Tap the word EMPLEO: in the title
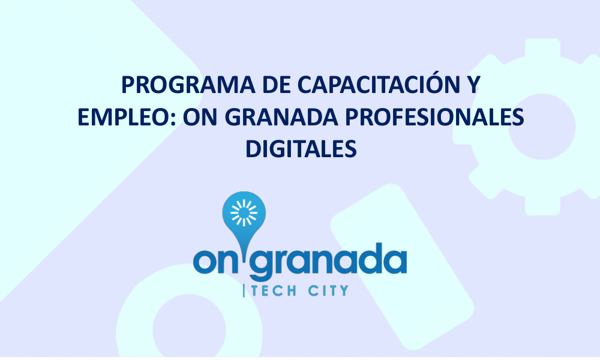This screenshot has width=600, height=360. coord(127,117)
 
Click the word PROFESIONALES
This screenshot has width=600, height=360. coord(434,117)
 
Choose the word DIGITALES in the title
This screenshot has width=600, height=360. coord(301,149)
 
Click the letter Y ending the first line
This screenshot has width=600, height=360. coord(473,85)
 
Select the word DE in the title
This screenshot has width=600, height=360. coord(276,85)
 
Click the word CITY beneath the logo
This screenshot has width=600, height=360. coord(328,291)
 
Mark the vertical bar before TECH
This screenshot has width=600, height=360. coord(244,291)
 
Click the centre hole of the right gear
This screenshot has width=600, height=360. coord(542,127)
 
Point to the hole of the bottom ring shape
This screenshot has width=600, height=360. coord(190,330)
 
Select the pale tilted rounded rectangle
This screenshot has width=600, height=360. coord(402,267)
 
